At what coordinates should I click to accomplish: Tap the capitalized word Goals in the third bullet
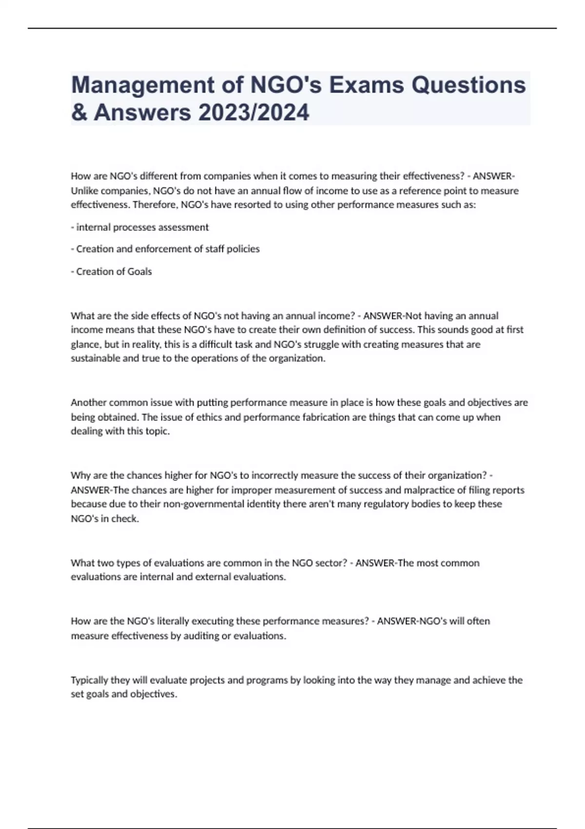(x=140, y=272)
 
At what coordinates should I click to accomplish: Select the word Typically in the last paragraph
(x=89, y=680)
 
